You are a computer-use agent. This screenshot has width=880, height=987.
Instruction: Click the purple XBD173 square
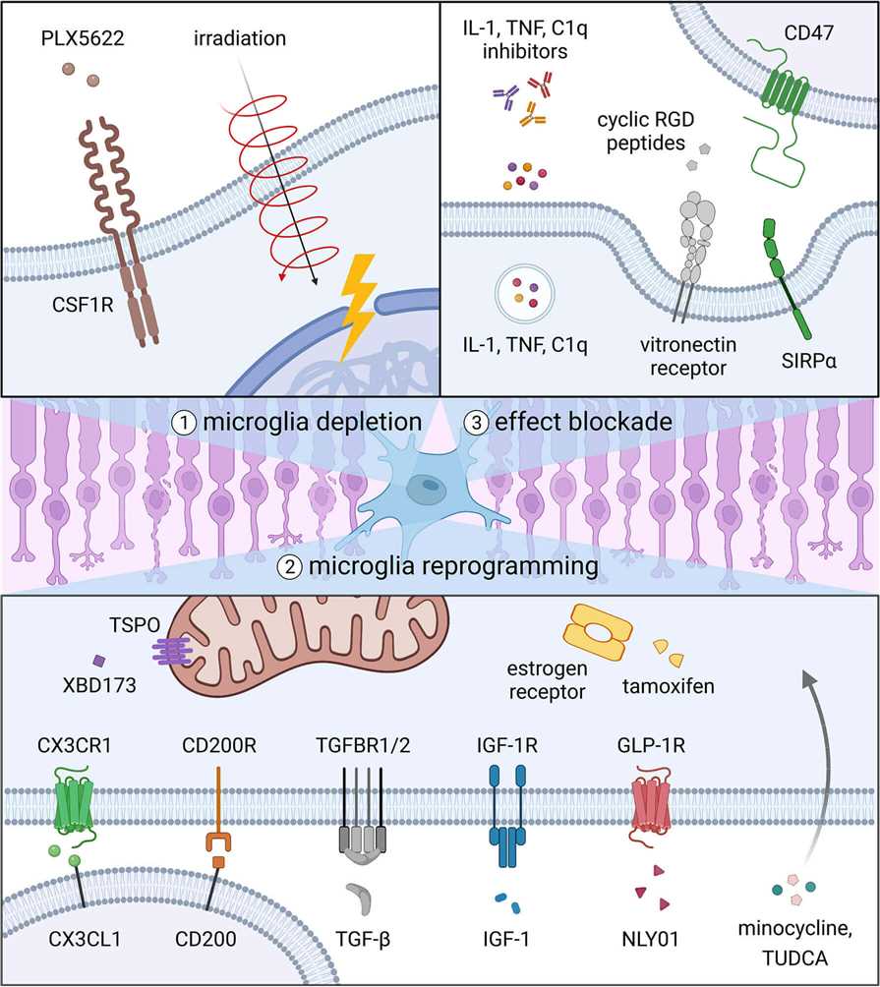[97, 662]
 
